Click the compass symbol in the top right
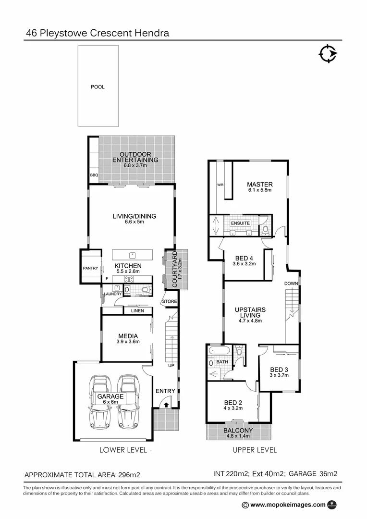click(x=328, y=54)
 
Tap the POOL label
click(x=98, y=87)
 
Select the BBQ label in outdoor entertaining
click(x=94, y=175)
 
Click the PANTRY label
click(x=90, y=268)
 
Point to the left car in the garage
click(x=101, y=403)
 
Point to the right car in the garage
click(x=128, y=403)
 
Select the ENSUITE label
click(x=240, y=223)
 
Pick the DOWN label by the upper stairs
click(x=291, y=283)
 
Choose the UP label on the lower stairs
click(x=171, y=366)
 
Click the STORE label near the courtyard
click(x=169, y=301)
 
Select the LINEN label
click(x=137, y=311)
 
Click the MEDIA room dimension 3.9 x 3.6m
click(x=127, y=342)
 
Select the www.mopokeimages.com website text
click(x=288, y=505)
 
